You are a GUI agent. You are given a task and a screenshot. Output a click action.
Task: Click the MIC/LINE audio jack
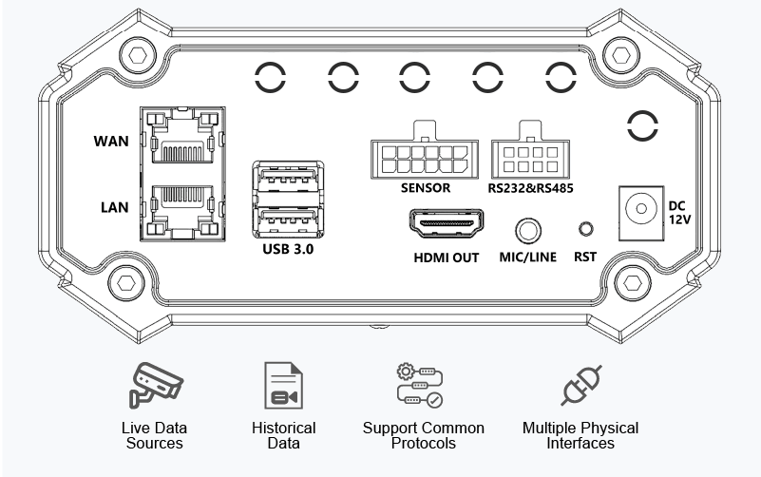(529, 230)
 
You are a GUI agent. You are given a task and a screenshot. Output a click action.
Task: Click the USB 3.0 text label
(287, 251)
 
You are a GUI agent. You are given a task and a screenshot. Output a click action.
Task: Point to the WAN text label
(111, 141)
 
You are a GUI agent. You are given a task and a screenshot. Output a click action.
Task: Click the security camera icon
(156, 384)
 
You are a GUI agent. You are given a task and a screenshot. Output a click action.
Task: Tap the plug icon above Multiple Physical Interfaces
(581, 385)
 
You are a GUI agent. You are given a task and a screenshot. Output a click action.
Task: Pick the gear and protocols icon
(420, 384)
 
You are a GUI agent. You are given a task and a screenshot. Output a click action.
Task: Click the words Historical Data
(283, 435)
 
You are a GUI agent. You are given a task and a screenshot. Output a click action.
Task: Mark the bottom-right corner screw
(631, 282)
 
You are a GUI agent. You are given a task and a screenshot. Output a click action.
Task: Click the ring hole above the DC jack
(643, 124)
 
